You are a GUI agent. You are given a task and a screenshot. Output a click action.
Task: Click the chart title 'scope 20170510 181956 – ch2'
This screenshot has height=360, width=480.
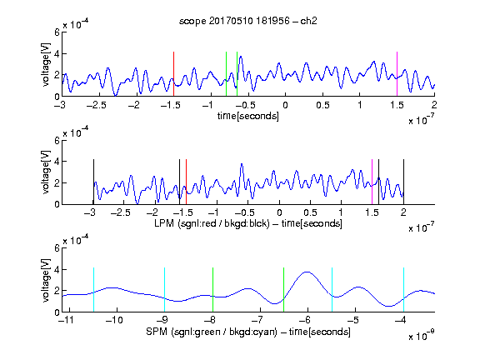(x=248, y=21)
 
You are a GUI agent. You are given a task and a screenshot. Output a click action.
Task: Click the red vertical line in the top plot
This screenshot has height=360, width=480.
(x=173, y=74)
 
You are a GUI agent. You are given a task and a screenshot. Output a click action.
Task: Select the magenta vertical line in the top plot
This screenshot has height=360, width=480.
(x=397, y=74)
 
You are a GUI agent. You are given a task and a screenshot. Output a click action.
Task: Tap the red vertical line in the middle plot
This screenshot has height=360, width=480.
(x=186, y=182)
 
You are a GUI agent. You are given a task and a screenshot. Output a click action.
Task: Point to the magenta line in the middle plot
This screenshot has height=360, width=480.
(x=372, y=182)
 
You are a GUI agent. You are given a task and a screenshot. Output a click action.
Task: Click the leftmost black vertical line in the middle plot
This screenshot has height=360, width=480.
(x=93, y=182)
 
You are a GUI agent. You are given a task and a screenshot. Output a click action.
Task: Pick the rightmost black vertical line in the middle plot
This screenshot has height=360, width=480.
(x=403, y=182)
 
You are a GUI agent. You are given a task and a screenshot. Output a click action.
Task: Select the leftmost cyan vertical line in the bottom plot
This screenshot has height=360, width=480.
(x=93, y=290)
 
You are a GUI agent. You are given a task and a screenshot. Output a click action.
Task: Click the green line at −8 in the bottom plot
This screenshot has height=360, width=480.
(x=212, y=290)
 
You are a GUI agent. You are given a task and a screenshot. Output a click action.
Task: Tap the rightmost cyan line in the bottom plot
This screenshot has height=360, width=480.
(x=403, y=290)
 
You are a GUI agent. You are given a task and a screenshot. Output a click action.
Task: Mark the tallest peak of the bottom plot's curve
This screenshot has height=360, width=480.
(x=307, y=272)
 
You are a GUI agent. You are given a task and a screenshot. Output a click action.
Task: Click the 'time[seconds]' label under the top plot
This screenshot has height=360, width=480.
(x=248, y=116)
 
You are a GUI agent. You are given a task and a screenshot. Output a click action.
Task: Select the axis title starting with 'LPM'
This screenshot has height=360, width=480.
(x=248, y=223)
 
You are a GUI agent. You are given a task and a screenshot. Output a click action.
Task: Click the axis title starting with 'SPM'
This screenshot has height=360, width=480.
(x=248, y=332)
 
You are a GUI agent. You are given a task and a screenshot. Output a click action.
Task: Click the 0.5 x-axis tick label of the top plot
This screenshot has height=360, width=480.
(x=322, y=105)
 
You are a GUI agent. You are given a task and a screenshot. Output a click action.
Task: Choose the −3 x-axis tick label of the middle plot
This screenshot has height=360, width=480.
(x=89, y=212)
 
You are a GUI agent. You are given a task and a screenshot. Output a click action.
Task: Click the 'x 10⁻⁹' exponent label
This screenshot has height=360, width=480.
(x=421, y=336)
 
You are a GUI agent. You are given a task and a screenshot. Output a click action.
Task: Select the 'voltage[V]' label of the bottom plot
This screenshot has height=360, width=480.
(x=45, y=280)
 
